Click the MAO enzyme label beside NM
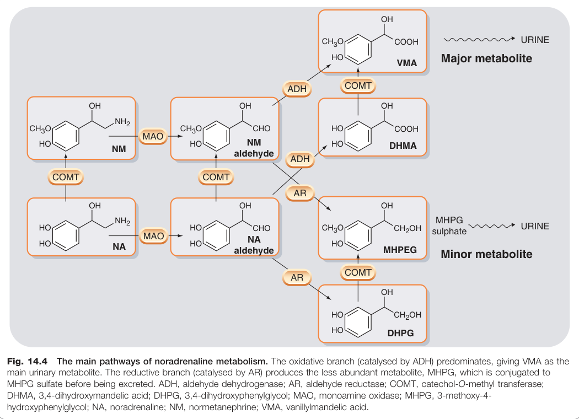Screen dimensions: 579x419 click(153, 136)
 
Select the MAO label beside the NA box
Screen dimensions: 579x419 click(153, 236)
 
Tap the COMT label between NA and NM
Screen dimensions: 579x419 click(66, 177)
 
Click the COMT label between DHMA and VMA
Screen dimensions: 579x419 click(358, 85)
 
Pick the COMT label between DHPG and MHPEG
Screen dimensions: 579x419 click(358, 272)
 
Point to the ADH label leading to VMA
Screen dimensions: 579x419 click(297, 89)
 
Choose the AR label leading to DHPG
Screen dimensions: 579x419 click(297, 278)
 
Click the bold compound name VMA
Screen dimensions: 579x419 click(407, 63)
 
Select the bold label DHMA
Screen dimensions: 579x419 click(403, 146)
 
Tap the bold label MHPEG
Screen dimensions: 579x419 click(400, 250)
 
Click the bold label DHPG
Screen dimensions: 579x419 click(401, 333)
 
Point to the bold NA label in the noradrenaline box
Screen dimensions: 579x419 click(119, 246)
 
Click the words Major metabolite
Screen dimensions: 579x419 click(486, 58)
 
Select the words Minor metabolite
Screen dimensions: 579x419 click(486, 254)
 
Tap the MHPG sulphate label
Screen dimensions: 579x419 click(449, 225)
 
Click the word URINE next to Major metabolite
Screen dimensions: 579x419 click(535, 40)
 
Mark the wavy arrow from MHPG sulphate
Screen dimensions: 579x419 click(492, 225)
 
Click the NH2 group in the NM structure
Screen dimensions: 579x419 click(122, 122)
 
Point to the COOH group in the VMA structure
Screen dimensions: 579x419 click(406, 42)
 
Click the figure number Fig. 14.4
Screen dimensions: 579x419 click(28, 361)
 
